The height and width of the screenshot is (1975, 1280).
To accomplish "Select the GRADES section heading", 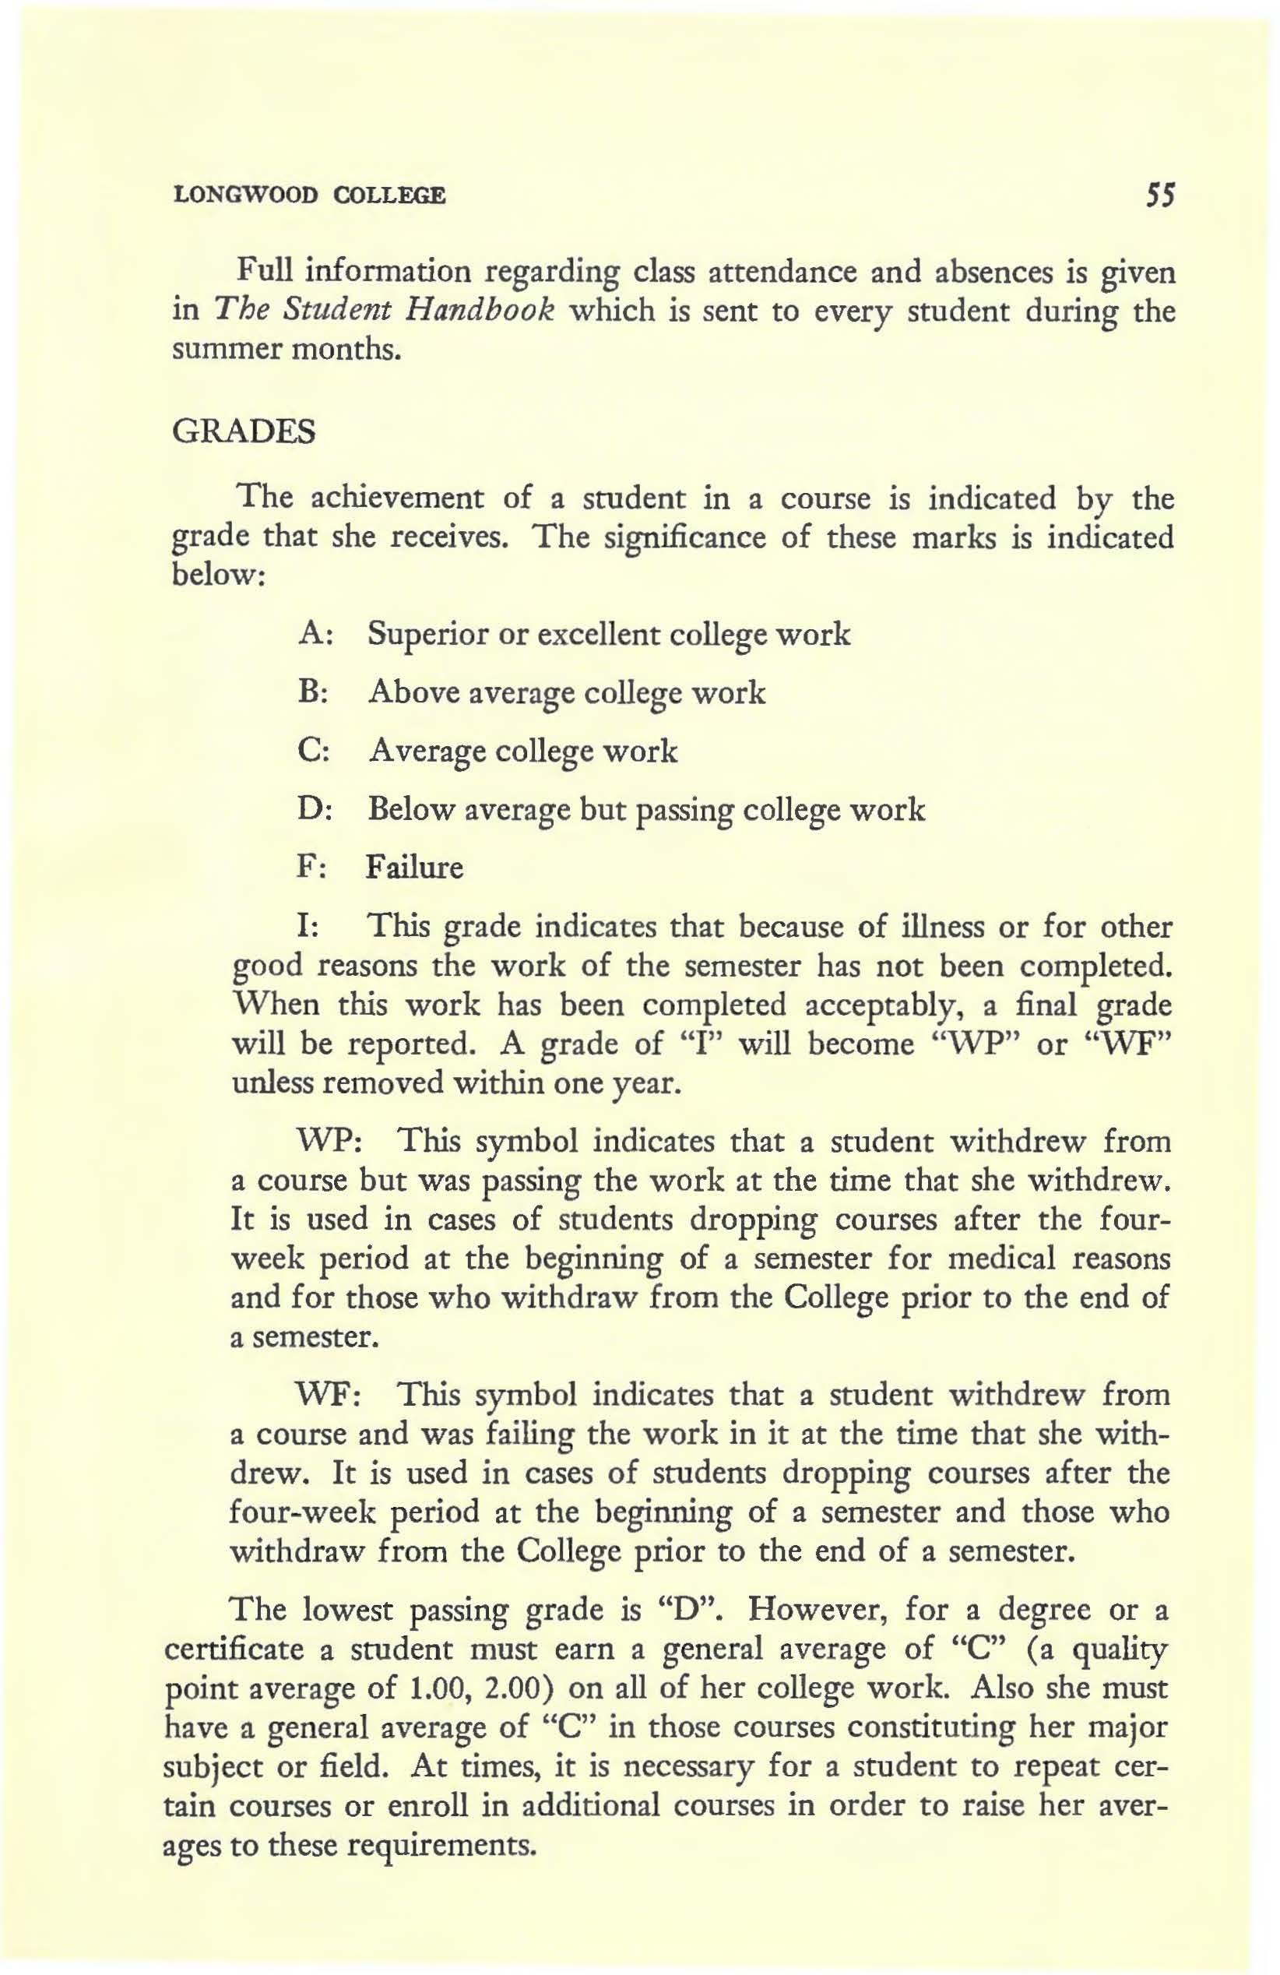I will click(243, 432).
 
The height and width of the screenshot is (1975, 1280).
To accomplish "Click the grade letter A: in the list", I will click(315, 635).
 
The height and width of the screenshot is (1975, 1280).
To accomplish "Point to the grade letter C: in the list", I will click(315, 751).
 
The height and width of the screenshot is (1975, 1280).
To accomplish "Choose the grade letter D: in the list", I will click(315, 809).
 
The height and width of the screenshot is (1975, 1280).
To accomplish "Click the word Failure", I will click(415, 868).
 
